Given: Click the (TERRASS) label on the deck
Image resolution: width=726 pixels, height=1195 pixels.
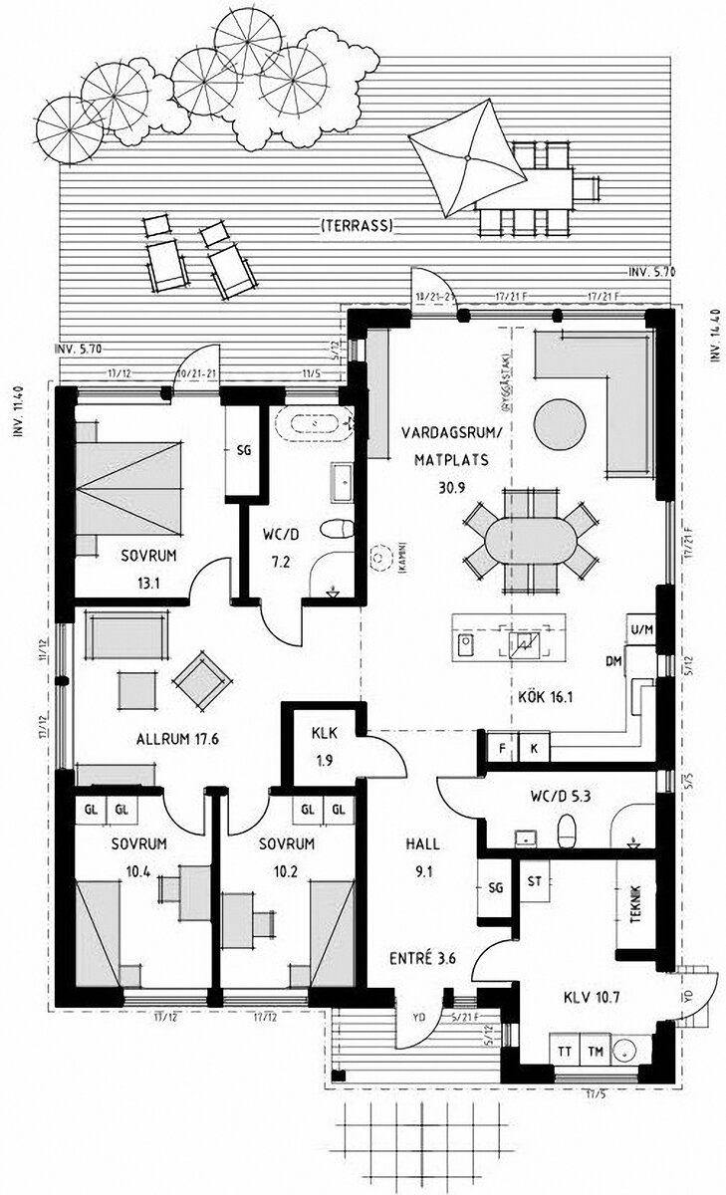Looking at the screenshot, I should point(356,227).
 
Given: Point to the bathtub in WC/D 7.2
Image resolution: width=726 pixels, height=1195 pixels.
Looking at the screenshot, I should point(316,423).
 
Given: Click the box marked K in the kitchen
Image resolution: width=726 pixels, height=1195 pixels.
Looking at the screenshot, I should point(534,747).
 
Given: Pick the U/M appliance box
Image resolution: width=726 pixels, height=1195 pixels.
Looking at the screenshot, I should point(640,629).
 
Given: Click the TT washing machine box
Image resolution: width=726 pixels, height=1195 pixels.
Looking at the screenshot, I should point(564,1051).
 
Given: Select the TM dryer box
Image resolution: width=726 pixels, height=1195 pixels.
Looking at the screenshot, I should point(596,1051).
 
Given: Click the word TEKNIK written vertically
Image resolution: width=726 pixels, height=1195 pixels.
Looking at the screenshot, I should point(637,906).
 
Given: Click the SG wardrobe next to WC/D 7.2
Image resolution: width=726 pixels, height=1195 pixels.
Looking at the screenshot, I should point(243,450).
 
